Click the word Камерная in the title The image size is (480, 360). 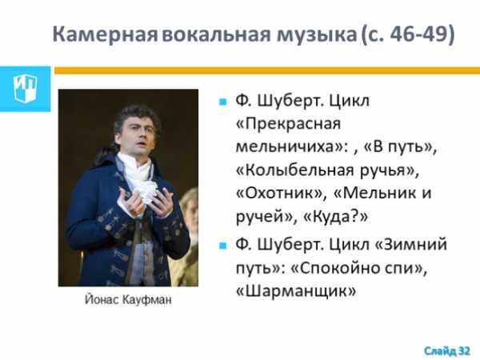click(105, 34)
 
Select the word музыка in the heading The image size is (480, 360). click(317, 34)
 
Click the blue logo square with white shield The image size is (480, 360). click(25, 89)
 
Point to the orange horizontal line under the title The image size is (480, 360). click(267, 70)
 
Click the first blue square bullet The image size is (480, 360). click(223, 102)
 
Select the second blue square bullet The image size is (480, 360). click(223, 246)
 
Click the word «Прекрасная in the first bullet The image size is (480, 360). click(288, 124)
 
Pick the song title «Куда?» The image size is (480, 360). click(335, 217)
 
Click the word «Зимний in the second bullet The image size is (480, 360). click(410, 245)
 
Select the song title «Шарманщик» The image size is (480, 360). click(296, 291)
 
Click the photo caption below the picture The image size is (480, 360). click(128, 299)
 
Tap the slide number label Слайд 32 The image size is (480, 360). click(447, 350)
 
